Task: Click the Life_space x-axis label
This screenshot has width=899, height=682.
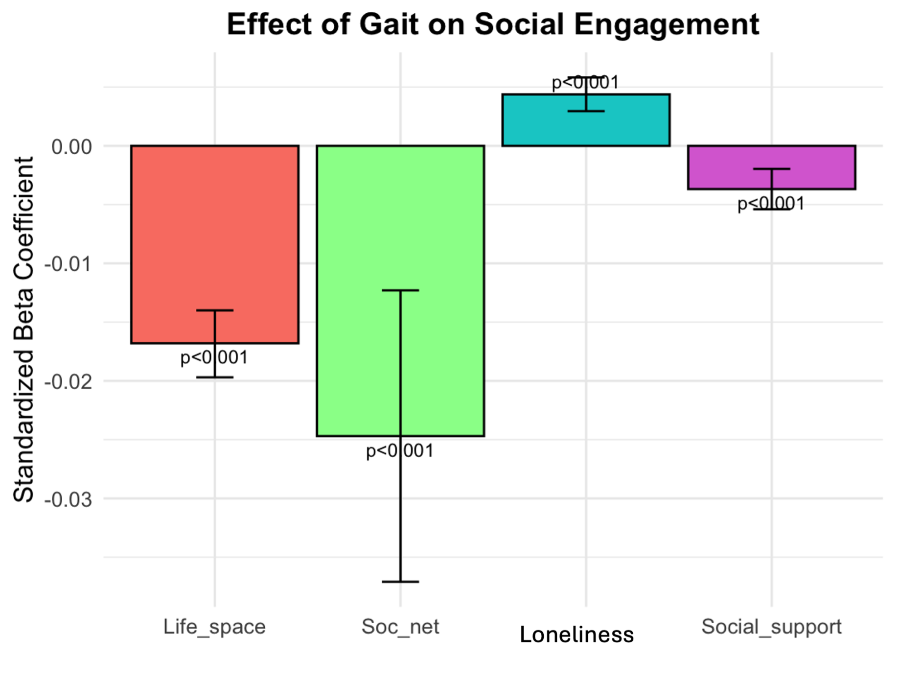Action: click(x=214, y=627)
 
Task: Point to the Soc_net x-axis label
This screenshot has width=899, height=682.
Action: click(x=400, y=627)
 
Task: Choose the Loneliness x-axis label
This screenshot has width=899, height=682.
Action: click(x=576, y=635)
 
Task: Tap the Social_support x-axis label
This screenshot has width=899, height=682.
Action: click(x=771, y=627)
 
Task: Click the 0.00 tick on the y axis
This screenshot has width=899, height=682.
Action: click(x=71, y=146)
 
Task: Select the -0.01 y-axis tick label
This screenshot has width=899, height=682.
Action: click(x=68, y=264)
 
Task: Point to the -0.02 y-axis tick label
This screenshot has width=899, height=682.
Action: click(x=68, y=381)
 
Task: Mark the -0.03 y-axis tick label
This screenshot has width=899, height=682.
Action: click(x=68, y=499)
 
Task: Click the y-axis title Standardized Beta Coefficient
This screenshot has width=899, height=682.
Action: click(x=23, y=329)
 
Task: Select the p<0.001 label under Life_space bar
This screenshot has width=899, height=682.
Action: click(x=214, y=357)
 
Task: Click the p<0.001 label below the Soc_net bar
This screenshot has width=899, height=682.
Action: click(x=400, y=450)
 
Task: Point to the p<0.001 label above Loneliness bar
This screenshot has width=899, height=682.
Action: click(x=586, y=83)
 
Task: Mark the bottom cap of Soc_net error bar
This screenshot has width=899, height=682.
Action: click(x=400, y=582)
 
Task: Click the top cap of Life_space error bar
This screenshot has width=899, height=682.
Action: click(x=214, y=310)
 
